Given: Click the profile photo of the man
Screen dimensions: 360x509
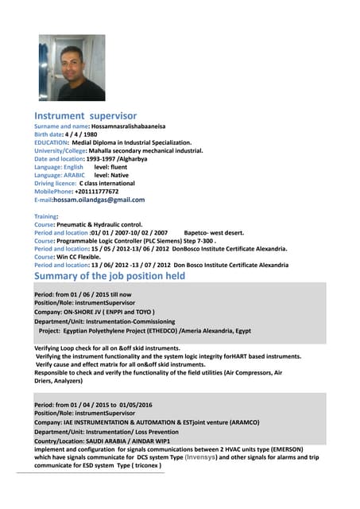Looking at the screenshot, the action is (x=72, y=68).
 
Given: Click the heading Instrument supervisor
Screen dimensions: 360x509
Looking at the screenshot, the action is (x=85, y=116).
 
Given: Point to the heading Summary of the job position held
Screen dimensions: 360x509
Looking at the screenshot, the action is (x=110, y=276).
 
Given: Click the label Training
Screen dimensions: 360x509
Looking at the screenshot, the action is (x=46, y=216).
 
